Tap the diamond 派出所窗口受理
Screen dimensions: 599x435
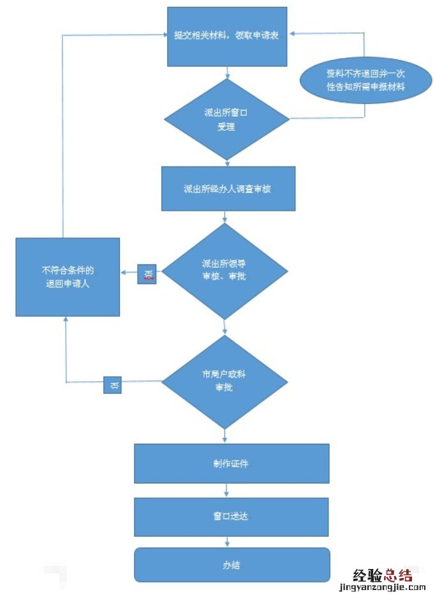pyautogui.click(x=227, y=119)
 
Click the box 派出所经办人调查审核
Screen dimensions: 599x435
pyautogui.click(x=228, y=189)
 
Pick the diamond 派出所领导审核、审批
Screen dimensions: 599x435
pyautogui.click(x=225, y=271)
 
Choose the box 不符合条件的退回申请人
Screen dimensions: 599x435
pyautogui.click(x=68, y=277)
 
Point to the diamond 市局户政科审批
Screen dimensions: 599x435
pyautogui.click(x=225, y=381)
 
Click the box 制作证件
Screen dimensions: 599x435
pyautogui.click(x=231, y=464)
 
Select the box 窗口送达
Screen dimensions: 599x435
pyautogui.click(x=231, y=517)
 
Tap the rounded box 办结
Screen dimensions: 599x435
pyautogui.click(x=231, y=565)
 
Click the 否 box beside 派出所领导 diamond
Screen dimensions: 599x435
pyautogui.click(x=147, y=275)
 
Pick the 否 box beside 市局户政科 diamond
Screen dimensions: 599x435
pyautogui.click(x=114, y=385)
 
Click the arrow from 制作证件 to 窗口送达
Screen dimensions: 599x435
pyautogui.click(x=228, y=490)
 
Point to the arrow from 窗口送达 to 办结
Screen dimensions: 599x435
pyautogui.click(x=228, y=542)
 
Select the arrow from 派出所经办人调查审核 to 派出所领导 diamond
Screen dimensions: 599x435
pyautogui.click(x=225, y=217)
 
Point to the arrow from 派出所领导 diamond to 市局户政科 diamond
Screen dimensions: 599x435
pyautogui.click(x=225, y=327)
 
